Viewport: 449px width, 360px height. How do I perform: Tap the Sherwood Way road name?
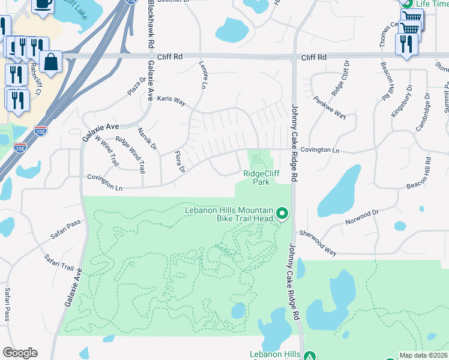[318, 242]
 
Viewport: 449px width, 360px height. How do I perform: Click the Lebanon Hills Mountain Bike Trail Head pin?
[282, 214]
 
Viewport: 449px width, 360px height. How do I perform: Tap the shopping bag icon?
[52, 62]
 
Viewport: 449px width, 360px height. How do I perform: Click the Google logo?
[20, 353]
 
